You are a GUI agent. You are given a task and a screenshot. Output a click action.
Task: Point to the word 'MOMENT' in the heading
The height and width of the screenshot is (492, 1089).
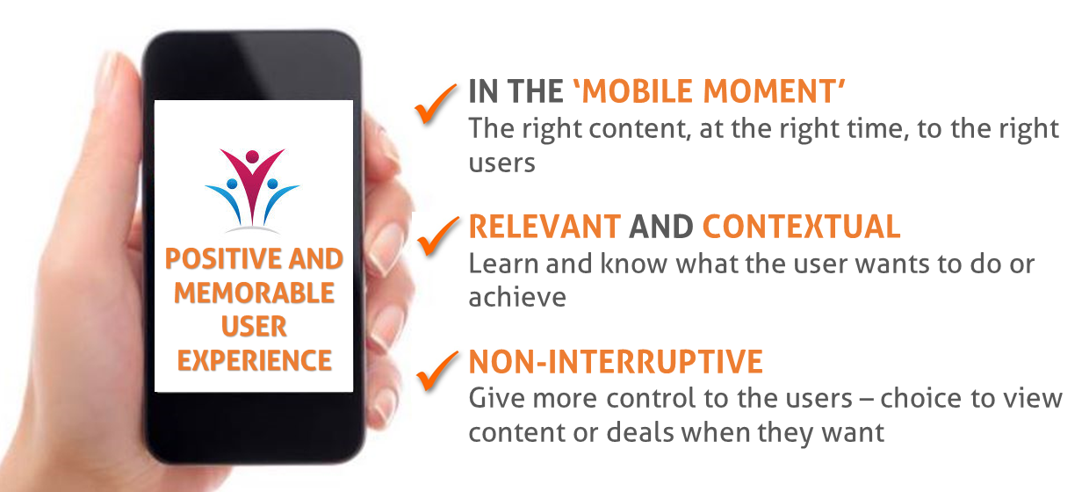[x=769, y=91]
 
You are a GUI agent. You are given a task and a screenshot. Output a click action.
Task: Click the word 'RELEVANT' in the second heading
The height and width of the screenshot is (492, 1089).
[x=545, y=227]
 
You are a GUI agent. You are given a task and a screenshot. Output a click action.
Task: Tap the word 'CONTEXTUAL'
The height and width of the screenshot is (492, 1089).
[x=802, y=227]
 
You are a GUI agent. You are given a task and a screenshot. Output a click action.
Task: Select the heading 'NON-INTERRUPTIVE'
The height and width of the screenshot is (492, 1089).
[x=616, y=362]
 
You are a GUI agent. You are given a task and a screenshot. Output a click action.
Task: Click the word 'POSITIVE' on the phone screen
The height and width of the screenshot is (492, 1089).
[x=224, y=258]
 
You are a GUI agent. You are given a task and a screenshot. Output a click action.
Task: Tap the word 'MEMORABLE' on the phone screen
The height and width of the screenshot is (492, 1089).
[x=255, y=293]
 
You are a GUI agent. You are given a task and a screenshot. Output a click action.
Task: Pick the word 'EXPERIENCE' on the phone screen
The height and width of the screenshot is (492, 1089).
[x=255, y=361]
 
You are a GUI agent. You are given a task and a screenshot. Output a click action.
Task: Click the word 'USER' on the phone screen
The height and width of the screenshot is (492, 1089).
[x=254, y=327]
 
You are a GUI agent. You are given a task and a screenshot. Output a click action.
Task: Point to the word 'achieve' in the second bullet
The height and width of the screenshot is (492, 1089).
[x=517, y=297]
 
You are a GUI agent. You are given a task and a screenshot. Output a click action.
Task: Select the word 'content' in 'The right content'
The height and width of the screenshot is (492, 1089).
[x=638, y=129]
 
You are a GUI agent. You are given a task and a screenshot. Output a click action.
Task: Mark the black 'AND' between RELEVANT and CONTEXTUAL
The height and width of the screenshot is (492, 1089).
[x=661, y=227]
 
